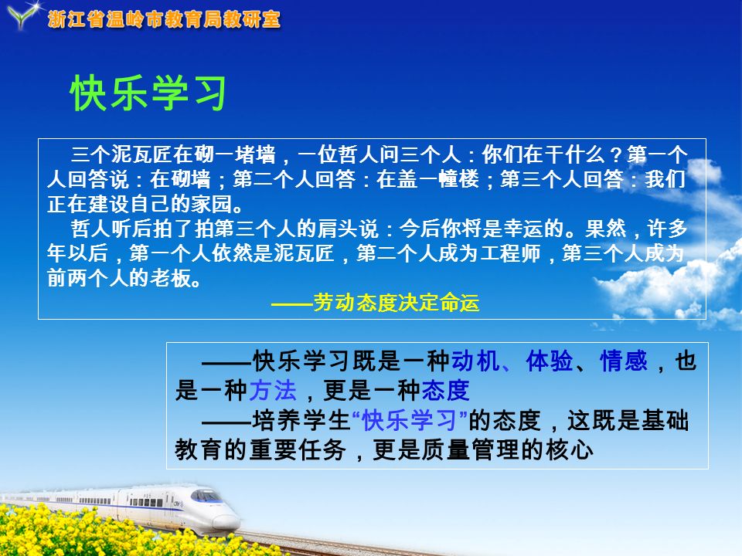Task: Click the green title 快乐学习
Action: pos(148,93)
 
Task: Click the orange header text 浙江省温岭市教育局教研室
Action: pos(164,19)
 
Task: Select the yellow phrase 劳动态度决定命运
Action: pos(396,303)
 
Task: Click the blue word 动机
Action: pos(475,361)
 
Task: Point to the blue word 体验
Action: pos(549,361)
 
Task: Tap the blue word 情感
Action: pos(623,361)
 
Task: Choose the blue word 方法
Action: pos(273,391)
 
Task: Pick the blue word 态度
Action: pos(445,391)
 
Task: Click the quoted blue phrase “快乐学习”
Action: pos(410,420)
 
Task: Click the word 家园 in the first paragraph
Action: pos(211,204)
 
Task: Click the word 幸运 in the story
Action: pos(523,229)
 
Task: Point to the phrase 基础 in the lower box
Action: pos(665,420)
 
